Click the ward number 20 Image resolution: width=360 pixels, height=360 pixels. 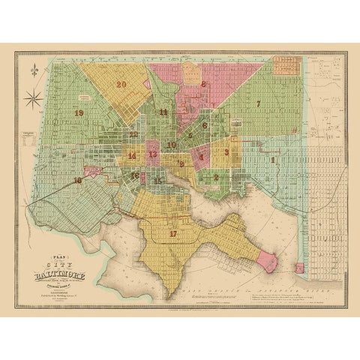pyautogui.click(x=121, y=85)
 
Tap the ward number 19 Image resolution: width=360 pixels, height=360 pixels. pyautogui.click(x=79, y=112)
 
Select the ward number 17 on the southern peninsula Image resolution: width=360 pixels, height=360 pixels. pyautogui.click(x=174, y=233)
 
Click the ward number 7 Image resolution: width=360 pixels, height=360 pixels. pyautogui.click(x=257, y=103)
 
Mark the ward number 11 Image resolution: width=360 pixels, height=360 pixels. pyautogui.click(x=163, y=112)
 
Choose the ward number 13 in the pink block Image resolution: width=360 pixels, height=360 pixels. pyautogui.click(x=153, y=154)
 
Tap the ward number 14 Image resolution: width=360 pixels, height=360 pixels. pyautogui.click(x=132, y=156)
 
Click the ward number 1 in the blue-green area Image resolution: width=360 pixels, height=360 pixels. pyautogui.click(x=273, y=160)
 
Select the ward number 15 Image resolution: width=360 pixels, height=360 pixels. pyautogui.click(x=157, y=181)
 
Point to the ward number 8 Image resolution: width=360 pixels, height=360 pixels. pyautogui.click(x=203, y=84)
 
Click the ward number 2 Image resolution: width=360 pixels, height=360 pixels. pyautogui.click(x=216, y=178)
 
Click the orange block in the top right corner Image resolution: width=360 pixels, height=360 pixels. pyautogui.click(x=286, y=65)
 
